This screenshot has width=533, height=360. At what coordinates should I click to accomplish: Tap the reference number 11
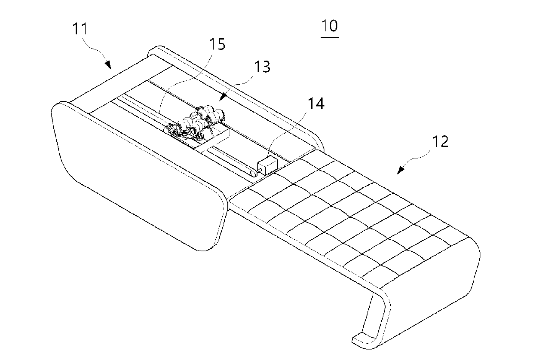click(80, 29)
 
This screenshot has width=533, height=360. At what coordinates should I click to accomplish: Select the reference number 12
click(440, 141)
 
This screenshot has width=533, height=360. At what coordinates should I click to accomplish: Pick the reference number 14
click(316, 104)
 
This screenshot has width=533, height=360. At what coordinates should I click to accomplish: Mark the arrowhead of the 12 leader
click(400, 171)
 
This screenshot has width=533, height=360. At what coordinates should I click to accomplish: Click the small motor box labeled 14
click(267, 165)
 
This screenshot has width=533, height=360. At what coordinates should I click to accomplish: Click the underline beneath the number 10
click(330, 37)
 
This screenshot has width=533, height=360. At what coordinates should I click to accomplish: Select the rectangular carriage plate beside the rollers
click(212, 141)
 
